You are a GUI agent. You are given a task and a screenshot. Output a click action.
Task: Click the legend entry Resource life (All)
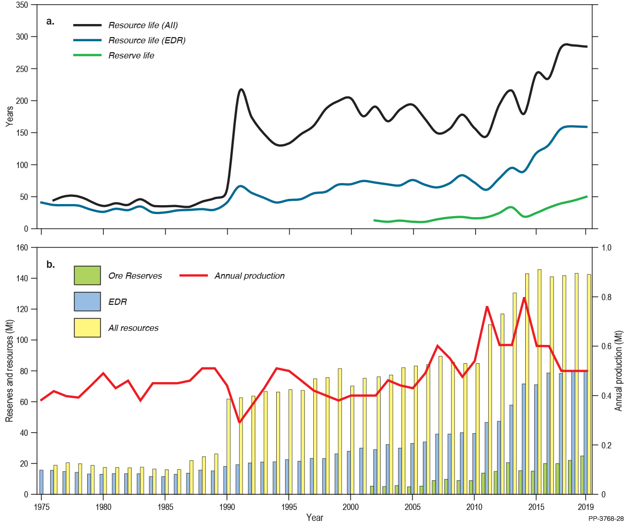144,25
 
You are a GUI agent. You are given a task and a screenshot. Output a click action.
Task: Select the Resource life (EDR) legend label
147,40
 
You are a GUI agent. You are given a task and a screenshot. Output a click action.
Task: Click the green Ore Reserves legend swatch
87,275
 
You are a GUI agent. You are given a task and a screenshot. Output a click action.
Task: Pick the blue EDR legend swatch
87,301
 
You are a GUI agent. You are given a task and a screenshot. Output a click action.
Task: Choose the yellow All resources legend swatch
87,327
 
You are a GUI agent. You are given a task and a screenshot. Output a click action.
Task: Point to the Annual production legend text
250,276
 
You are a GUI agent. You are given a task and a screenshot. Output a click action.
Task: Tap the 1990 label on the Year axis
227,507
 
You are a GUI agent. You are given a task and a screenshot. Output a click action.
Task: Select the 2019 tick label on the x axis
585,507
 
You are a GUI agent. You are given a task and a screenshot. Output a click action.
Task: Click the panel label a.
50,21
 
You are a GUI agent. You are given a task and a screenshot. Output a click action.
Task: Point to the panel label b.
50,264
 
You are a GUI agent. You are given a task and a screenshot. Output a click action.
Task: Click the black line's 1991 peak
241,89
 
